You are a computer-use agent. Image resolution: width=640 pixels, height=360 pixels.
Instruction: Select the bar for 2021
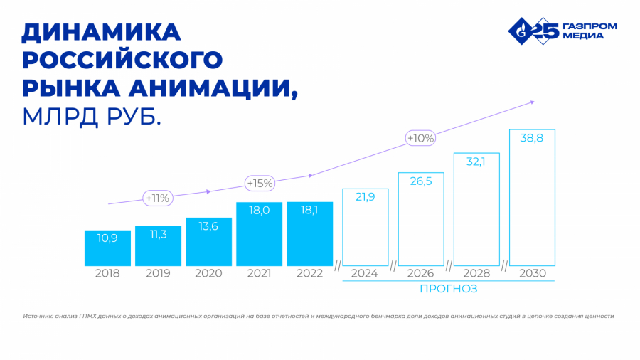(x=259, y=234)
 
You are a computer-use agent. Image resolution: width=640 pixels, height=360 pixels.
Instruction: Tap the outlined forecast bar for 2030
(x=532, y=197)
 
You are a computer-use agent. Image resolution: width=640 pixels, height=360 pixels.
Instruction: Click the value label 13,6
(x=208, y=226)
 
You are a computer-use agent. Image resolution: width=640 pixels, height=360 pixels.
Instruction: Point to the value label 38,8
(x=532, y=138)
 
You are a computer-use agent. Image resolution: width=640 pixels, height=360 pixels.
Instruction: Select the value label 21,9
(x=366, y=197)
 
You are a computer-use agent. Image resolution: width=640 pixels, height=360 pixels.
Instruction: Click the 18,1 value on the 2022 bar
(x=309, y=211)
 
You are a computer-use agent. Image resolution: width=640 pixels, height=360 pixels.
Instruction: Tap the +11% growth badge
(x=156, y=198)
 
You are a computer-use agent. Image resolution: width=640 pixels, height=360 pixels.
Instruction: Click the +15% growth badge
(x=260, y=183)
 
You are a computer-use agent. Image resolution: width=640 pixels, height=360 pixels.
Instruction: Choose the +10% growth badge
(x=420, y=138)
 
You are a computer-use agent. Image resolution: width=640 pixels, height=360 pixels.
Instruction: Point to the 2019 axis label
(x=158, y=273)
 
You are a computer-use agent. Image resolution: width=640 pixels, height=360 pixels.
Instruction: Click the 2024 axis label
(x=365, y=273)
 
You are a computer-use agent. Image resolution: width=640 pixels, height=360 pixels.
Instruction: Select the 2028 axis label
(x=476, y=273)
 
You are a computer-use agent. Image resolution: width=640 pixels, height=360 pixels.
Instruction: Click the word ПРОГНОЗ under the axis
(x=448, y=289)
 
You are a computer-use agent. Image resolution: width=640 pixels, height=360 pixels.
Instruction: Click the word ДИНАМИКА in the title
(x=101, y=33)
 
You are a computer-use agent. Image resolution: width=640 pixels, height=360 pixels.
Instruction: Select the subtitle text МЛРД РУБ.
(x=92, y=116)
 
